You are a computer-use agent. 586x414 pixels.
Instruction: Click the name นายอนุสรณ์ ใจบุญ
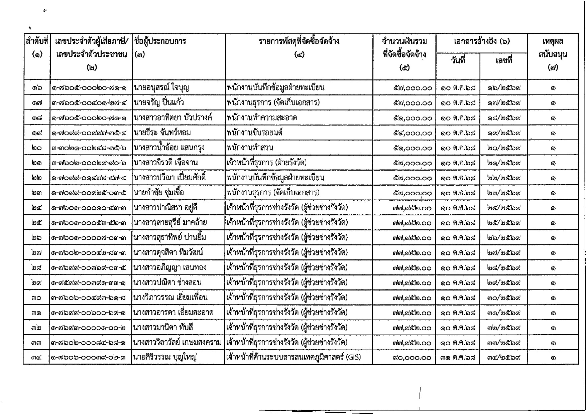[x=161, y=88]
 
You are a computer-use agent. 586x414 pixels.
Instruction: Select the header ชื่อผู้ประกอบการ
[x=160, y=41]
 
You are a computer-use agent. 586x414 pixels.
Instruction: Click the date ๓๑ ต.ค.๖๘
[x=458, y=358]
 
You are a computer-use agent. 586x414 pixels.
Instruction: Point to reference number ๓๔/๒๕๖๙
[x=504, y=358]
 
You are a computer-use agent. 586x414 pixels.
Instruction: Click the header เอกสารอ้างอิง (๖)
[x=481, y=42]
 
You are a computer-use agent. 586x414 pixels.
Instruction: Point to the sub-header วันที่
[x=458, y=61]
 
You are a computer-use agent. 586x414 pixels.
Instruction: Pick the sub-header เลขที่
[x=504, y=61]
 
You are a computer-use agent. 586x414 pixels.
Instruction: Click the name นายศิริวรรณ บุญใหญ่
[x=164, y=358]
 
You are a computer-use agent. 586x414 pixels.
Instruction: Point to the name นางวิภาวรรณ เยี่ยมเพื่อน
[x=170, y=297]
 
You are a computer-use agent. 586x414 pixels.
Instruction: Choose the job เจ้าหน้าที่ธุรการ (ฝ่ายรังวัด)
[x=266, y=163]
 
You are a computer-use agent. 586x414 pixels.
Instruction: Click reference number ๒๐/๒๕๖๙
[x=504, y=148]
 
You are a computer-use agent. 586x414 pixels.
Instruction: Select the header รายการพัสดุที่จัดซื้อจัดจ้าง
[x=299, y=41]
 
